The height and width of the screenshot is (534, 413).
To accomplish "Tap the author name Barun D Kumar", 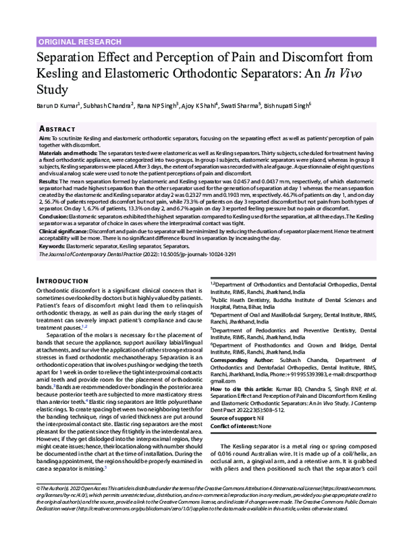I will tap(57, 106).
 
